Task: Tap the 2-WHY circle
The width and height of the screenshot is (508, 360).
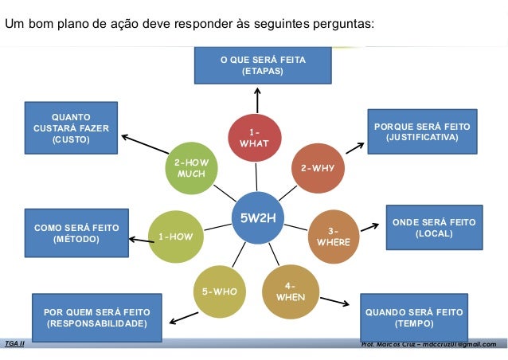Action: coord(317,168)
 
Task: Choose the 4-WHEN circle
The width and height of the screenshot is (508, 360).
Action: coord(290,291)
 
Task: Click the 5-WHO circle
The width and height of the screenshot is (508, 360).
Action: coord(219,291)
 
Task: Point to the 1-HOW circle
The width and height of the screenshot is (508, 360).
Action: coord(174,236)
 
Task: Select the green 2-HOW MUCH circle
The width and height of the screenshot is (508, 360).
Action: coord(191,168)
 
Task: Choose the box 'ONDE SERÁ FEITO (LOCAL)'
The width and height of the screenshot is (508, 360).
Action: coord(433,228)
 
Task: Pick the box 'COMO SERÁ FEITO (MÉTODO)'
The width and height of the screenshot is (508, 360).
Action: coord(76,233)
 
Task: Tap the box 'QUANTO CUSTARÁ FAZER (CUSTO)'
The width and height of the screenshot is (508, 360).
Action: coord(71,127)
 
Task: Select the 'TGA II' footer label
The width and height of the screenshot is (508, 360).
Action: coord(14,343)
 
